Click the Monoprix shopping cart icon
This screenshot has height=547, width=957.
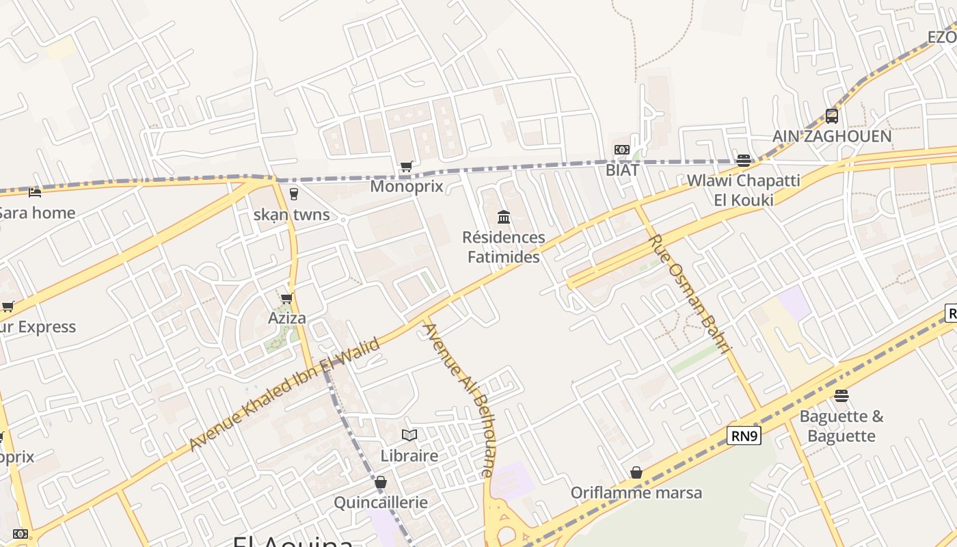coord(407,166)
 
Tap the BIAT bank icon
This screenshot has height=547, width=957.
coord(621,150)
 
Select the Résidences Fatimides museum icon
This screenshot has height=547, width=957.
coord(504,217)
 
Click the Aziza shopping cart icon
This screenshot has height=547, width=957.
coord(287,298)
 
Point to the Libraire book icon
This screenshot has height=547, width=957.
coord(409,435)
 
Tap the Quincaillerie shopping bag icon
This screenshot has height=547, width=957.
coord(381,482)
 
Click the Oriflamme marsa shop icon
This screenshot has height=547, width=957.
coord(636,472)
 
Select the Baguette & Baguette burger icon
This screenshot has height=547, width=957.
coord(841,396)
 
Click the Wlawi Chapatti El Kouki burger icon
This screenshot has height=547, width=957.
coord(744,161)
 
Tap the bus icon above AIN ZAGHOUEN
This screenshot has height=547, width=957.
coord(832,116)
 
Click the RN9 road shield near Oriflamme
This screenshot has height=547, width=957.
coord(744,436)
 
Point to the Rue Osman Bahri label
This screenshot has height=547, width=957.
coord(690,294)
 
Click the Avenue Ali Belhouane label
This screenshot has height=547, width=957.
coord(459,399)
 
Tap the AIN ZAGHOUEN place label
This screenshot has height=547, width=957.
coord(832,136)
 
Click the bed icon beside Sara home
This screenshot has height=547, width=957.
coord(35,192)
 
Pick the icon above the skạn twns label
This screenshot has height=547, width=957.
coord(294,194)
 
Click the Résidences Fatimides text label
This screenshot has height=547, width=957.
coord(504,247)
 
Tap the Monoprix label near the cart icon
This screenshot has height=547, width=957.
coord(407,186)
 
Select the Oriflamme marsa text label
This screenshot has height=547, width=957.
coord(636,492)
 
